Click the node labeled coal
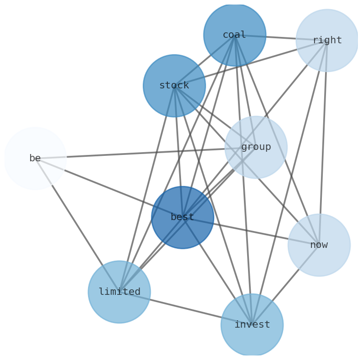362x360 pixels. click(234, 35)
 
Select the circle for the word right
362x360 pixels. click(327, 41)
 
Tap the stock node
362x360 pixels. click(174, 86)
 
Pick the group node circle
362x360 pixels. click(256, 147)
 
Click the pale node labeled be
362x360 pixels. click(35, 158)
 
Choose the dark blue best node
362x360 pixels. click(182, 217)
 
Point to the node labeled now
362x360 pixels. click(319, 245)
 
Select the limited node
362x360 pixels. click(119, 292)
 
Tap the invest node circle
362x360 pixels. click(252, 325)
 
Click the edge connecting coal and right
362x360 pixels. click(280, 38)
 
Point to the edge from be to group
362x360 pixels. click(137, 153)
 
